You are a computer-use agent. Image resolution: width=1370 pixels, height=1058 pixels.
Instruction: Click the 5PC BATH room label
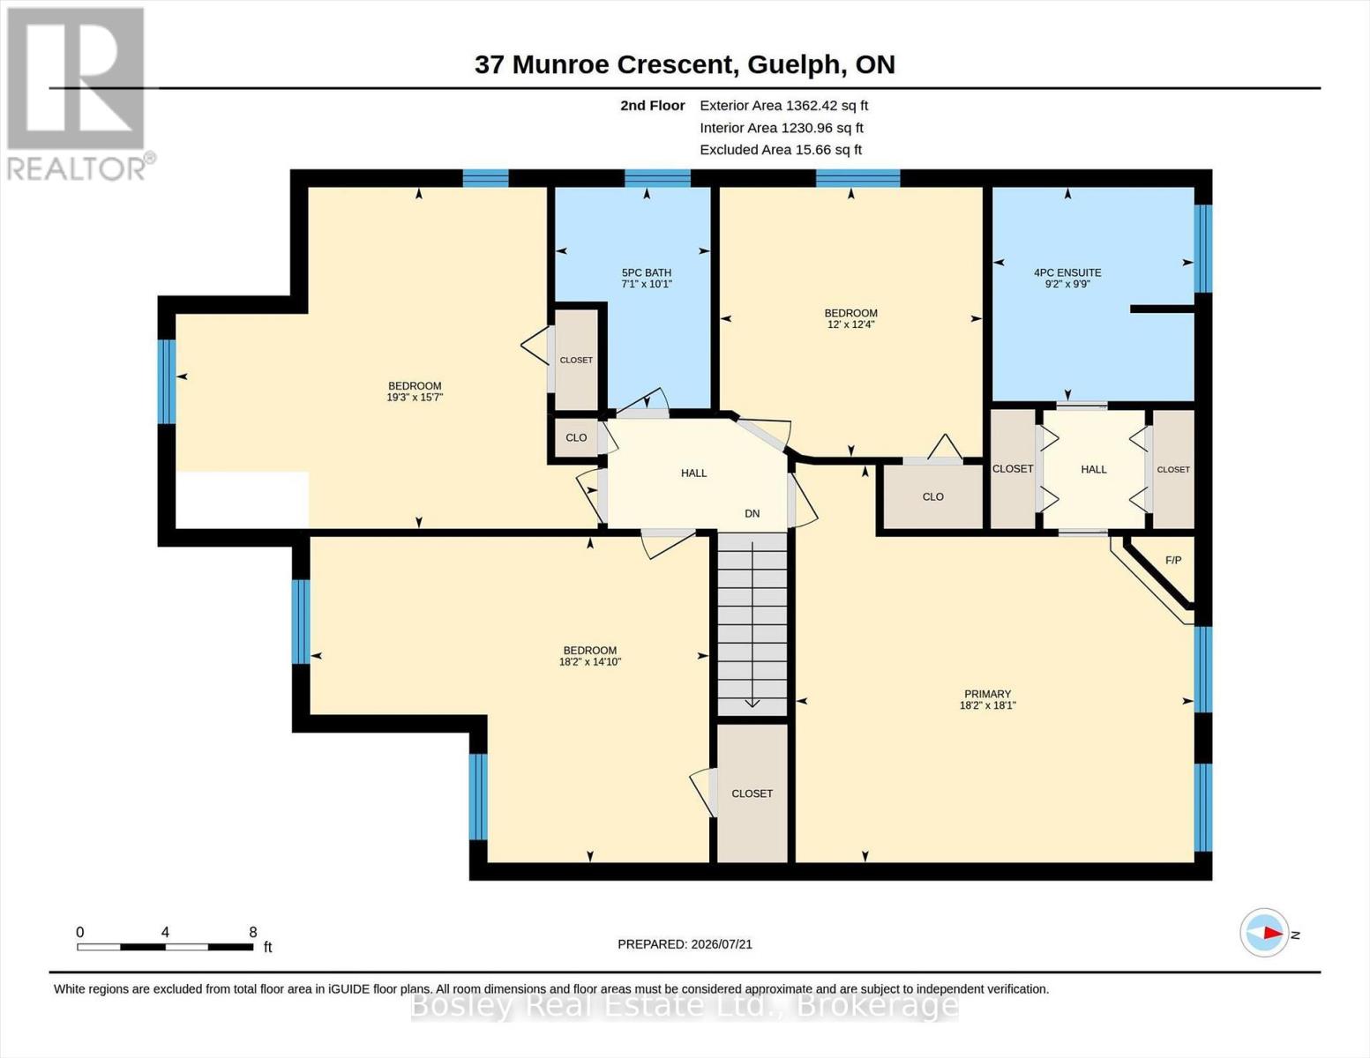click(647, 272)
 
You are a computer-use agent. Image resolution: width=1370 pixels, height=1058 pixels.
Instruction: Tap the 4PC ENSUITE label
click(1067, 272)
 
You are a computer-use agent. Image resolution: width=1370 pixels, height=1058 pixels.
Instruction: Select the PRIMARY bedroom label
click(987, 694)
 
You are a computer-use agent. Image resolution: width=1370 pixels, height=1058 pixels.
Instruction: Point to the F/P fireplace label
click(1172, 560)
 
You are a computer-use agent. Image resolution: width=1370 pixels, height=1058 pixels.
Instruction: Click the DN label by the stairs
click(752, 513)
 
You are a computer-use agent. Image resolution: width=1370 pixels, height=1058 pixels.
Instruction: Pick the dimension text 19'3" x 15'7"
click(415, 398)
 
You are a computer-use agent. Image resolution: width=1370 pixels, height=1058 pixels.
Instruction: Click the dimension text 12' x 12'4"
click(851, 324)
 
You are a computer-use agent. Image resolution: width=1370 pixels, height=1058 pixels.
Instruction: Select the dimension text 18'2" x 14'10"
click(590, 661)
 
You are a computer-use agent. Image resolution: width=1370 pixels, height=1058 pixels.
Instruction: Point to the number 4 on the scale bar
click(165, 932)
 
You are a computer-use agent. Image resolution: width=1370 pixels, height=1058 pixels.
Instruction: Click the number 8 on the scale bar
click(253, 932)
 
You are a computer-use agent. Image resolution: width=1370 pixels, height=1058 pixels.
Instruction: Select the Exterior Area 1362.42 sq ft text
click(783, 106)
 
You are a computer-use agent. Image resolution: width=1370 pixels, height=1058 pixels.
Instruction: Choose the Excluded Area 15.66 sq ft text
click(781, 150)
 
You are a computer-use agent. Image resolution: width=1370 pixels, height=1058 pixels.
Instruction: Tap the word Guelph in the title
click(796, 65)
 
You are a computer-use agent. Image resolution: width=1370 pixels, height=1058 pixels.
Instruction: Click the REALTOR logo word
click(76, 169)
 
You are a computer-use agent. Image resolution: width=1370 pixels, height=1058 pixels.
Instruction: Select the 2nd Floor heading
click(653, 106)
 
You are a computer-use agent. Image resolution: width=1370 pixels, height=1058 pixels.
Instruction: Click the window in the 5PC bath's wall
click(657, 178)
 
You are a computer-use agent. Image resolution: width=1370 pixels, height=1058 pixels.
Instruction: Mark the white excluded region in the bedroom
click(242, 500)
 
